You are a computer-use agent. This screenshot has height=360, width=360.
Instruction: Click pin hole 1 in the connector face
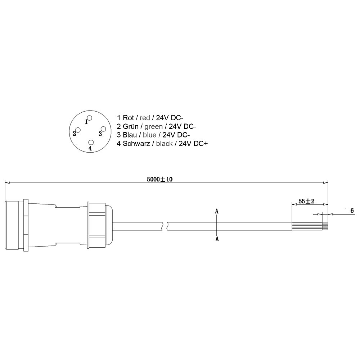(90, 118)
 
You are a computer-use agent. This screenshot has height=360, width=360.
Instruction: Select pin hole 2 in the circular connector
(78, 130)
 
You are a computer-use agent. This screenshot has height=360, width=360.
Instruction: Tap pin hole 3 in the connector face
(103, 129)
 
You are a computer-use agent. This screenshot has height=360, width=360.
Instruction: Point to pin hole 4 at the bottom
(91, 142)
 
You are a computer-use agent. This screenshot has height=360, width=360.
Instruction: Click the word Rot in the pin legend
(129, 118)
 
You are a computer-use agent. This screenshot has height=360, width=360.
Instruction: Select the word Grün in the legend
(131, 126)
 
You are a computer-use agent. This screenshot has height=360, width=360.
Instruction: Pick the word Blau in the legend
(130, 135)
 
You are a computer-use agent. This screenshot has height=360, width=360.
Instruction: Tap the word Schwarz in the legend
(136, 144)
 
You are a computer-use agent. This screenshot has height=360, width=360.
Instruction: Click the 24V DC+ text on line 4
(193, 144)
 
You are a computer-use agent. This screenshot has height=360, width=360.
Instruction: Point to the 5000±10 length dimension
(160, 179)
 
